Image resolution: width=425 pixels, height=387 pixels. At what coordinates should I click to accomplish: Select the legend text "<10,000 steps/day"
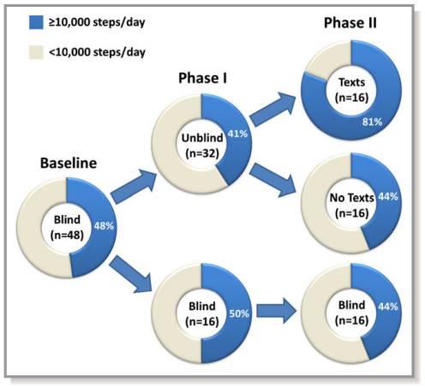[97, 52]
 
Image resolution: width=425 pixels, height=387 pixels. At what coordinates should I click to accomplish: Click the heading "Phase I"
[201, 78]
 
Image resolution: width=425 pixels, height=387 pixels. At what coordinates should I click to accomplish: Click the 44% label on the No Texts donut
[390, 198]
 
